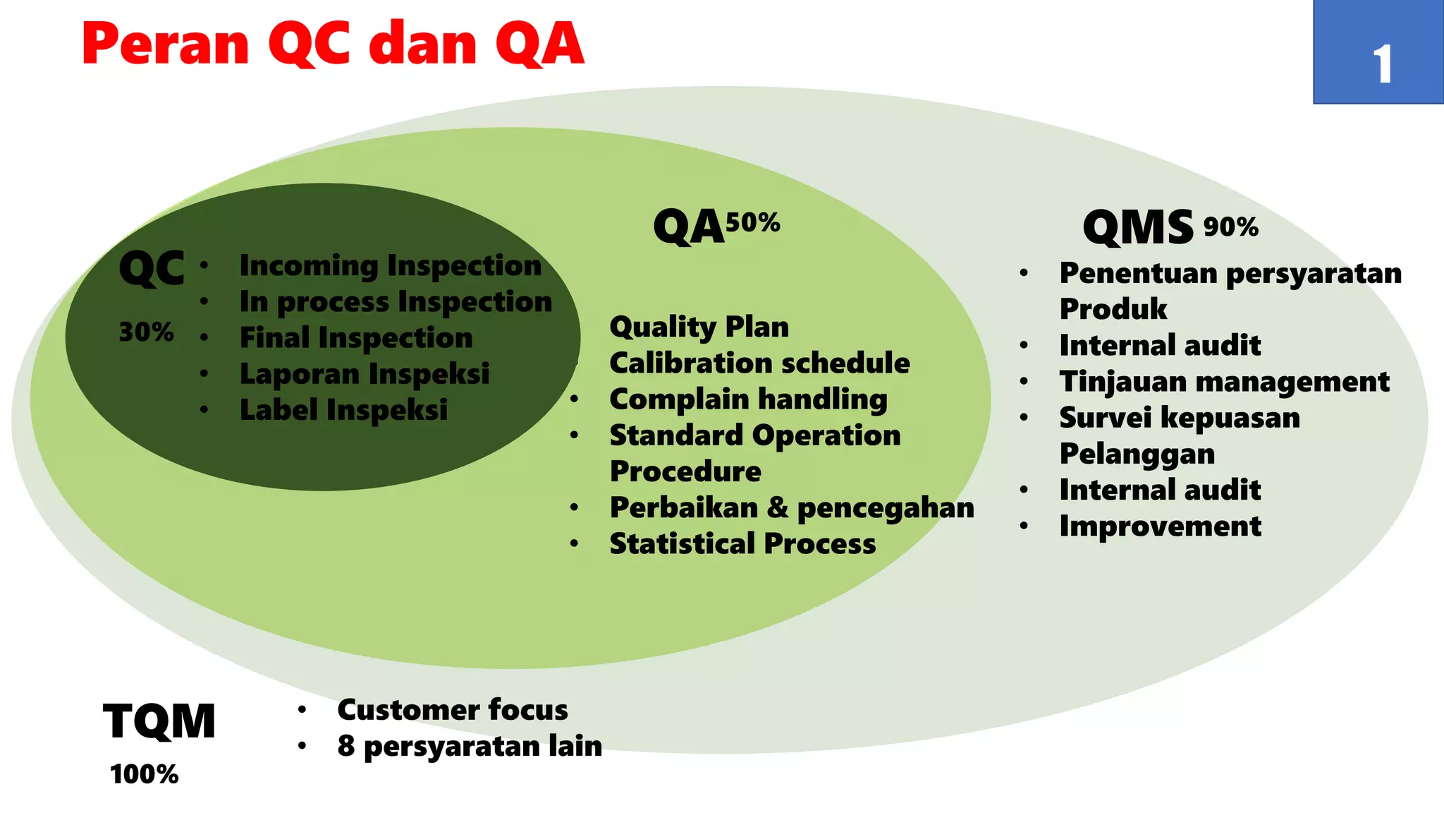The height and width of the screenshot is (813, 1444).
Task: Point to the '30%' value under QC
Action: point(146,332)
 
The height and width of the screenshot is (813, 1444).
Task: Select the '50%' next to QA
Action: point(752,223)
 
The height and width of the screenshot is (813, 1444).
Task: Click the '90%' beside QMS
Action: point(1230,227)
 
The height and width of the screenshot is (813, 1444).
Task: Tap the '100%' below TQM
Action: point(145,774)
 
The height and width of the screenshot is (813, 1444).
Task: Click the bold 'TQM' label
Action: point(159,721)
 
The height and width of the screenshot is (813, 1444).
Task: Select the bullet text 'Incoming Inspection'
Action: point(390,266)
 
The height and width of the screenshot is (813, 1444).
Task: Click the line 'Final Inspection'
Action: point(356,338)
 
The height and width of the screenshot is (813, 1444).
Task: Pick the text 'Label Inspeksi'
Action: point(343,410)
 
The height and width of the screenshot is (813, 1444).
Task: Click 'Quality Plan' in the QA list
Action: point(699,327)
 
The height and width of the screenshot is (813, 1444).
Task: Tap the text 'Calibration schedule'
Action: point(759,363)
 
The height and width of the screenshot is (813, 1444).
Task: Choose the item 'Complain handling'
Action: point(748,399)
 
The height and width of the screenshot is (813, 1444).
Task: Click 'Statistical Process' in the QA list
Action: point(742,544)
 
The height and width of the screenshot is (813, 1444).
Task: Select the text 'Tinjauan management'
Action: point(1224,382)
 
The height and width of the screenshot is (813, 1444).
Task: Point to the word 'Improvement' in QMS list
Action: point(1160,526)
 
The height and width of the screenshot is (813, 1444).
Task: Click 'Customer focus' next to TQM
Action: point(452,710)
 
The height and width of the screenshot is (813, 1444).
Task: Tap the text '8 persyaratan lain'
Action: point(470,747)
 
